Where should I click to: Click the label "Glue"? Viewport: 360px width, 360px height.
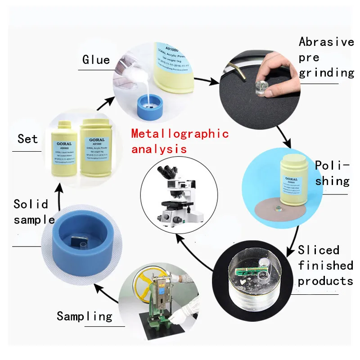click(96, 60)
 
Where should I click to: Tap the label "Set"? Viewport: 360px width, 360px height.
click(27, 139)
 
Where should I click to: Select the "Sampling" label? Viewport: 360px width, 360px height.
click(84, 316)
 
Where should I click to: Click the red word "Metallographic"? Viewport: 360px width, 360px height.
click(180, 134)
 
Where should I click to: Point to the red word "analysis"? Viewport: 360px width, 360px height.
click(158, 148)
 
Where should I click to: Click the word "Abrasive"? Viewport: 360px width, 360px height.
click(326, 42)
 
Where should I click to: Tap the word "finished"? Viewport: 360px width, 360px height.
click(325, 265)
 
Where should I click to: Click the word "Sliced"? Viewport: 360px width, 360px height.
click(319, 250)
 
